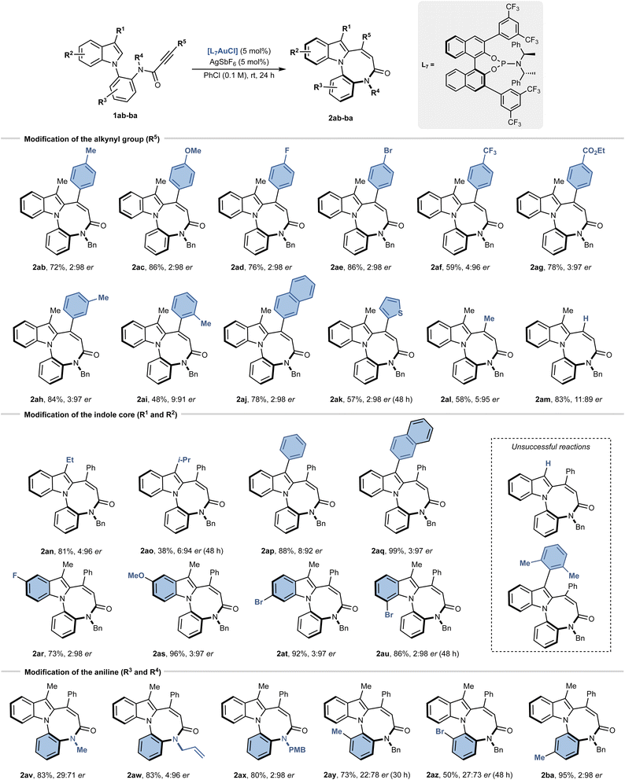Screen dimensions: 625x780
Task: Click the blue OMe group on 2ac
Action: (192, 150)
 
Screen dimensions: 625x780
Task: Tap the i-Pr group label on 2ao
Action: (183, 460)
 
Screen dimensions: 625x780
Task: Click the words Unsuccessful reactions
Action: (550, 447)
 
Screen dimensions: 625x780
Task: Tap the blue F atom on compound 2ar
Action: (16, 576)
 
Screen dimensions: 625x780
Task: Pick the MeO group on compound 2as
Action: (136, 576)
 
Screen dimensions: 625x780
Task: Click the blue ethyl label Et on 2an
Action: (70, 460)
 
